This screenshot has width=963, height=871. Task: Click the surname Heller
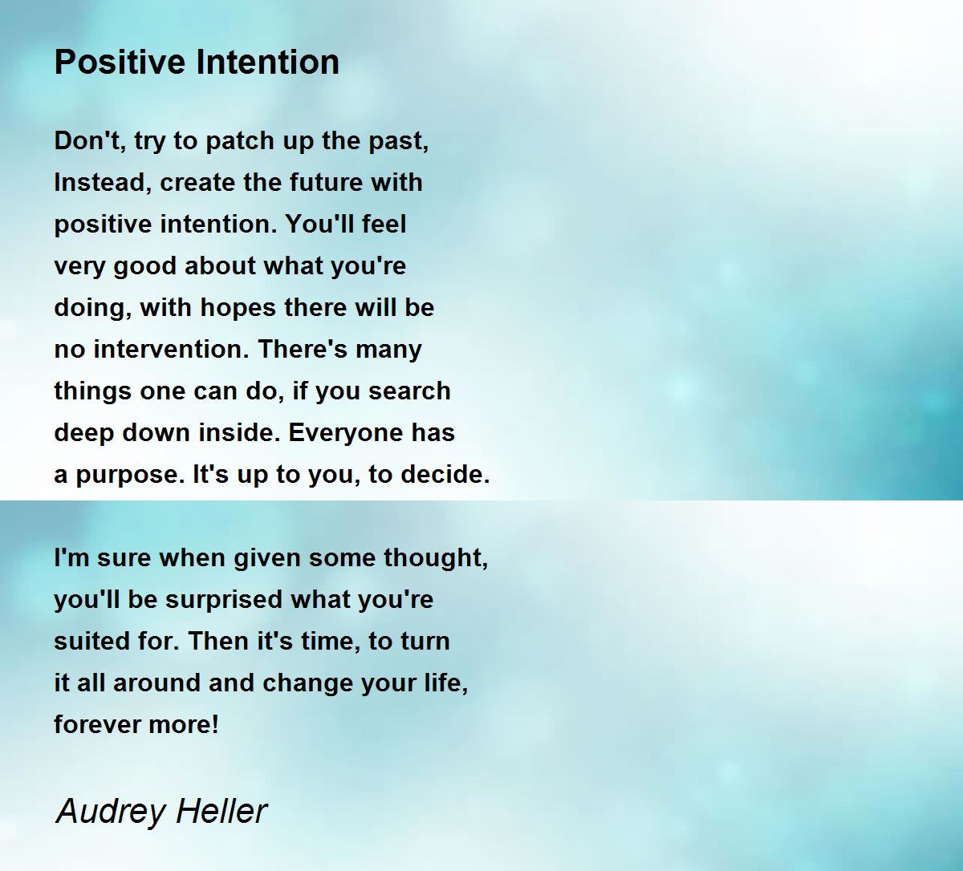point(221,811)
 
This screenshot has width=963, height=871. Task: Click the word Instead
point(103,182)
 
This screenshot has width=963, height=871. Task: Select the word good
point(145,266)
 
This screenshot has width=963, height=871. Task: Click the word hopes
point(238,308)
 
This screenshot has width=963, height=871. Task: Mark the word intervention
point(171,350)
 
